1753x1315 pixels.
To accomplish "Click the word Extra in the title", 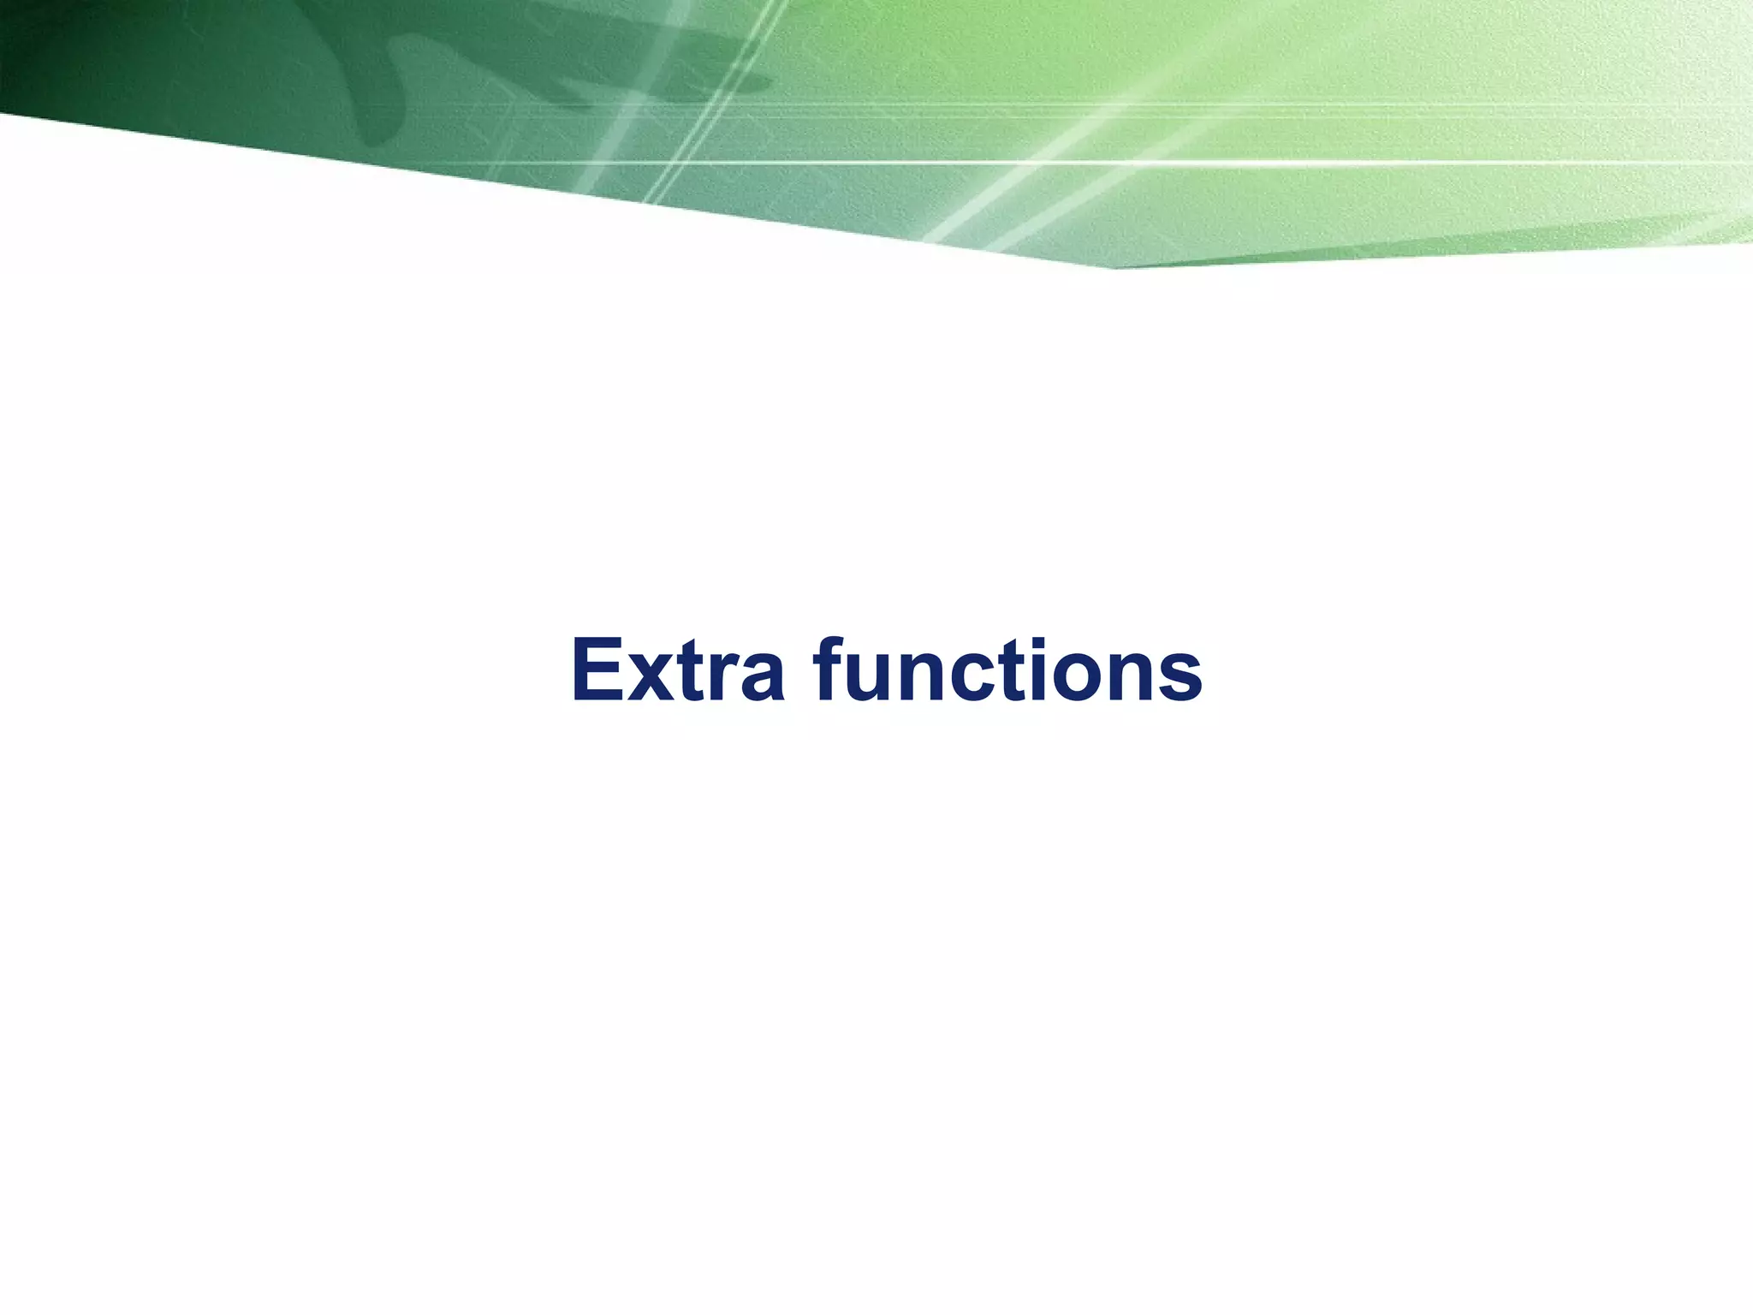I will click(677, 670).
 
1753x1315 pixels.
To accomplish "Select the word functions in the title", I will click(1010, 670).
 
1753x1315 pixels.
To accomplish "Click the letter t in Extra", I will click(693, 672).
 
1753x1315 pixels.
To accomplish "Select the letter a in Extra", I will click(760, 679).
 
